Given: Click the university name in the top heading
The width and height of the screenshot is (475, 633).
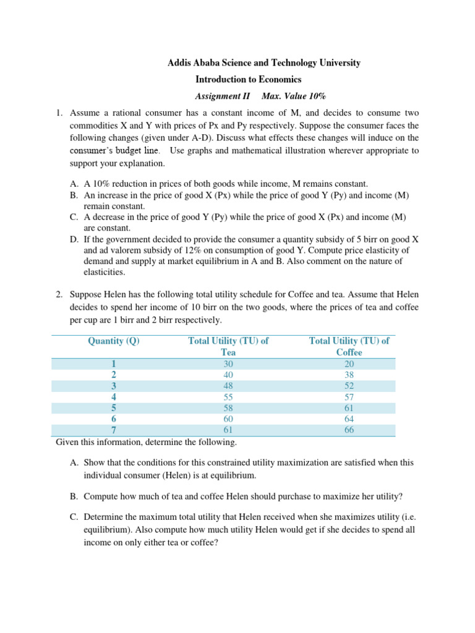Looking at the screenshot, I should click(x=265, y=63).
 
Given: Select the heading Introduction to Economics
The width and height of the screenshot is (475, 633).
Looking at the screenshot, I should click(x=248, y=79).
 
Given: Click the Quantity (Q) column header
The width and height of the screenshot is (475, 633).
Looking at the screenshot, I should click(x=114, y=341).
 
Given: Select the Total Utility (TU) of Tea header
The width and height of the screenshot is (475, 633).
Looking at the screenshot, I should click(x=228, y=346).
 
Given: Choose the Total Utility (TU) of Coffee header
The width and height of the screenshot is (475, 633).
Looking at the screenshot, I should click(x=349, y=346).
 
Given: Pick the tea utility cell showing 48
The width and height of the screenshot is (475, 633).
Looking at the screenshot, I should click(x=228, y=386).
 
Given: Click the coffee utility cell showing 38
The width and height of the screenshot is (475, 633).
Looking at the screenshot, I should click(x=349, y=375).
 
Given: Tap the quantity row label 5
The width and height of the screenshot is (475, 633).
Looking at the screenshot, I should click(x=114, y=408).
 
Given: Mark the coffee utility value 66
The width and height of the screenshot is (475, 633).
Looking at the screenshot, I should click(x=349, y=430).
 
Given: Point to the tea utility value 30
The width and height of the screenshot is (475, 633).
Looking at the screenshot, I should click(x=228, y=363).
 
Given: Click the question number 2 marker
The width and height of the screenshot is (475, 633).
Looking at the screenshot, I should click(x=59, y=295).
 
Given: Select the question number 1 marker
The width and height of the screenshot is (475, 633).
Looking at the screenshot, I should click(x=59, y=113).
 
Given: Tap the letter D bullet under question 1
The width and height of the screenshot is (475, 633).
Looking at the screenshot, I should click(x=74, y=239).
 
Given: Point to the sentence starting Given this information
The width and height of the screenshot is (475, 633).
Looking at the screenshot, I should click(x=146, y=442).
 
